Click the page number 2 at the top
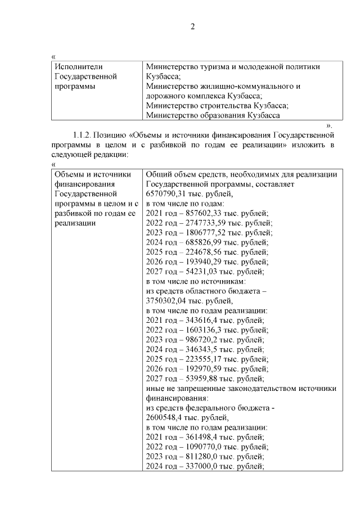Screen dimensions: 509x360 [192, 26]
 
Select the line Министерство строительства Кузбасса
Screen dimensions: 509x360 [217, 105]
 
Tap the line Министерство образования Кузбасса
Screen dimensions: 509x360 [213, 115]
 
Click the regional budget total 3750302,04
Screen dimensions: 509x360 [166, 300]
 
